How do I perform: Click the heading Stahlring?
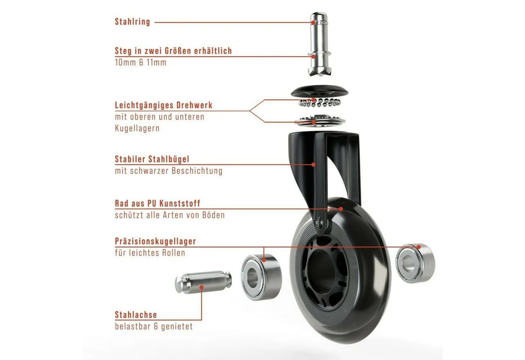click(x=132, y=22)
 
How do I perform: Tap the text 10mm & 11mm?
click(x=141, y=62)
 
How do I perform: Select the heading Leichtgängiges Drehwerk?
click(x=163, y=105)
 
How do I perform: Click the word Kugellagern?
click(x=137, y=128)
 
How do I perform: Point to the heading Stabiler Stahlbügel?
click(x=152, y=159)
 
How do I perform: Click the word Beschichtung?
click(x=197, y=171)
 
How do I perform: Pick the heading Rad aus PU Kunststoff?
click(x=157, y=203)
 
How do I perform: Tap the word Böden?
click(x=213, y=215)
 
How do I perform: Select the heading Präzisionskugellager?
click(x=155, y=241)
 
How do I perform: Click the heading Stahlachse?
click(x=136, y=315)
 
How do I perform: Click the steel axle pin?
click(x=203, y=282)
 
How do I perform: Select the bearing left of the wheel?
click(x=261, y=277)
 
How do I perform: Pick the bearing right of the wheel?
click(x=415, y=263)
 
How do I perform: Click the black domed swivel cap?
click(x=319, y=91)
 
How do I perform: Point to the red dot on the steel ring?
click(x=313, y=22)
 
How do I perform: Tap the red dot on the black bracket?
click(x=313, y=165)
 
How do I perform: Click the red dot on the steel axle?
click(x=201, y=287)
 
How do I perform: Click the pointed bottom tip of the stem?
click(x=315, y=75)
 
